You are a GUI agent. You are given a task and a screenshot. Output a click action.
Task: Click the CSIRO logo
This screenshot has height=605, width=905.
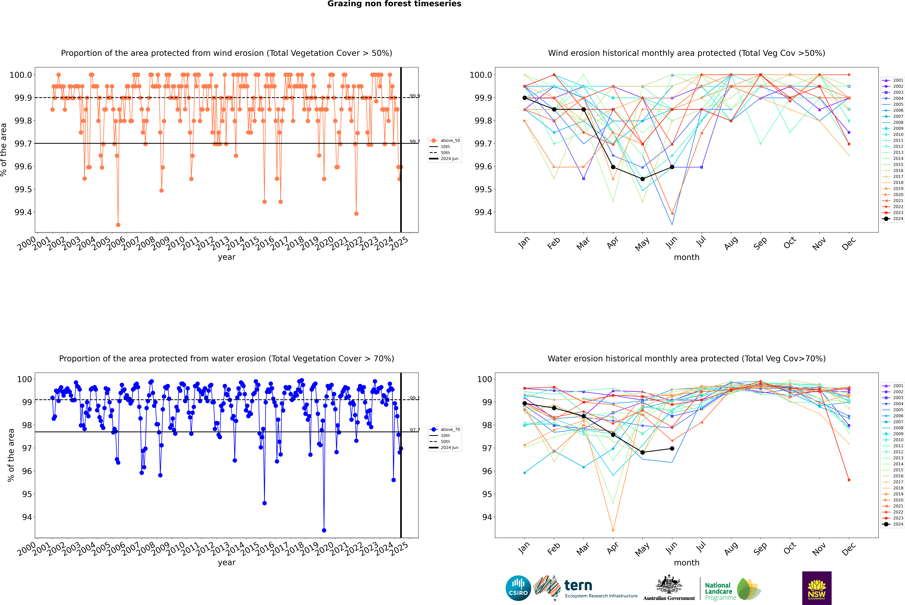tap(518, 588)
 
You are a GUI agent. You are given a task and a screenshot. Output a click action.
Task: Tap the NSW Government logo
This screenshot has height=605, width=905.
tap(817, 588)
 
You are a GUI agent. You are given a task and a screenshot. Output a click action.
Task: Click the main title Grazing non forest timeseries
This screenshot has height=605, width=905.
tap(394, 4)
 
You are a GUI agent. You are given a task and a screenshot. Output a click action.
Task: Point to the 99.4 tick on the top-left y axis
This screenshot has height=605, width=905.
tap(23, 212)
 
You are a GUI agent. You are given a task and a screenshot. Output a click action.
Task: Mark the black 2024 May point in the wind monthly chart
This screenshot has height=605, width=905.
tap(642, 179)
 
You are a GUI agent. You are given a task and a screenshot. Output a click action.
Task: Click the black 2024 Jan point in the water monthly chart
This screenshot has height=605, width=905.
tap(525, 403)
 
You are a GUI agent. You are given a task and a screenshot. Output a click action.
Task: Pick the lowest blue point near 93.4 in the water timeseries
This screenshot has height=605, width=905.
tap(324, 531)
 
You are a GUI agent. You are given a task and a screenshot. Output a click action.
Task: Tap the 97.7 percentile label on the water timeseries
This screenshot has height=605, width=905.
tap(415, 430)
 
